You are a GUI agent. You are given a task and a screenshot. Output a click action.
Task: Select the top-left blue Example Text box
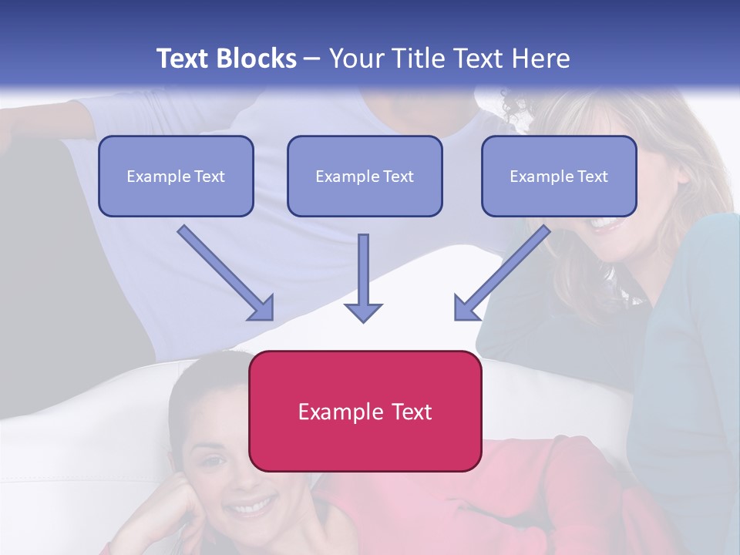176,176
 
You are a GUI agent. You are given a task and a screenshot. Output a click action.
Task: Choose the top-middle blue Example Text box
365,176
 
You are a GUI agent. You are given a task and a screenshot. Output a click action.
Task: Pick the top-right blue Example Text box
559,176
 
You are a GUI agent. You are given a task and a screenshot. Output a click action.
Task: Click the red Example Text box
365,411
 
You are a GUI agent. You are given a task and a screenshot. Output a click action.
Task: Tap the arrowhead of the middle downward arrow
363,311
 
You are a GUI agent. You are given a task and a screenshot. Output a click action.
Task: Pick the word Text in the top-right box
592,177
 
